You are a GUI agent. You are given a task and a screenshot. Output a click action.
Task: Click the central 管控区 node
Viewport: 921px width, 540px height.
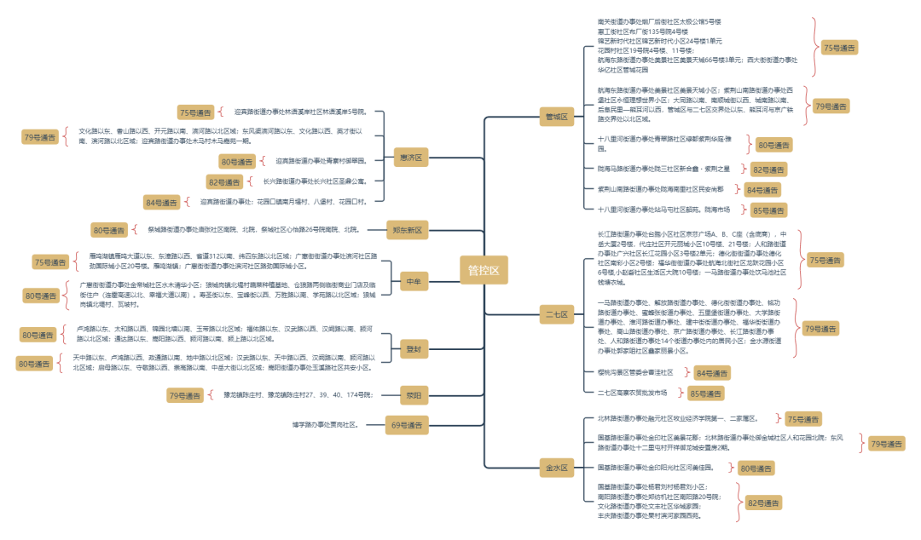click(484, 270)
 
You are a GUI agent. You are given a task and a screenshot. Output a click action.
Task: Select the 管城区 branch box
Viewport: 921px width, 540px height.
click(556, 117)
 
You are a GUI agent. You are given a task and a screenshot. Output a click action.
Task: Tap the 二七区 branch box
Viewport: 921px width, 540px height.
click(556, 314)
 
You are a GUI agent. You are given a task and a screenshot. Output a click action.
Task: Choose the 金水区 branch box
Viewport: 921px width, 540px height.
click(556, 467)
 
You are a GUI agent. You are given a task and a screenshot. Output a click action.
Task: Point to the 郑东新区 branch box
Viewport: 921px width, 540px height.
click(406, 230)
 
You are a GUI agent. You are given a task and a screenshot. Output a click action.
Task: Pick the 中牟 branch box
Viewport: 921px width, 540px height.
click(413, 281)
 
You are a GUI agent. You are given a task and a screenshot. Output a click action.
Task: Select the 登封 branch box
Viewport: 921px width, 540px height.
click(413, 348)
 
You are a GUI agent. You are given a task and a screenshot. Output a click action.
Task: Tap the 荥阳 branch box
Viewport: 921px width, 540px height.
click(413, 395)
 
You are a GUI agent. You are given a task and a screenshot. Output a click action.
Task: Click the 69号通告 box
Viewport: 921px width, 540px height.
click(406, 425)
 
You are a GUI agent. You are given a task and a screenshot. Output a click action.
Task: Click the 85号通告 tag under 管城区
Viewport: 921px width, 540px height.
click(767, 210)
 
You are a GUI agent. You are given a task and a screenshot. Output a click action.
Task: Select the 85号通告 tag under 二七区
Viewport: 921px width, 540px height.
click(705, 394)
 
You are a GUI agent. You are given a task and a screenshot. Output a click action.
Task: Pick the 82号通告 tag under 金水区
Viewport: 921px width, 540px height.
click(763, 503)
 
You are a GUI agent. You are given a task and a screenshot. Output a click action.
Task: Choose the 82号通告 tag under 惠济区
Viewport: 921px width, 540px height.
click(225, 181)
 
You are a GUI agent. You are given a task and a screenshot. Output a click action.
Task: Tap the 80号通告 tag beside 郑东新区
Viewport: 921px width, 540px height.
click(109, 230)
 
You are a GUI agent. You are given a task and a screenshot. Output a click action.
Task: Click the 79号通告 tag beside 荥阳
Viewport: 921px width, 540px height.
click(184, 395)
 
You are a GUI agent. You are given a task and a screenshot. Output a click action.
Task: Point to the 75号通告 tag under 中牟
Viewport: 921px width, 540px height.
click(51, 262)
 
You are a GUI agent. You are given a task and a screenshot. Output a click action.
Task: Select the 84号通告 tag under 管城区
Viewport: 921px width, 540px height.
click(762, 190)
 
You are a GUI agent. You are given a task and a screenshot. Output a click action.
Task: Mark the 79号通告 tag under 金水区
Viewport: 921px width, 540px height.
click(886, 443)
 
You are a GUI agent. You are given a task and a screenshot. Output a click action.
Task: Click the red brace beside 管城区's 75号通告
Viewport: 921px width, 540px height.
click(814, 48)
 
